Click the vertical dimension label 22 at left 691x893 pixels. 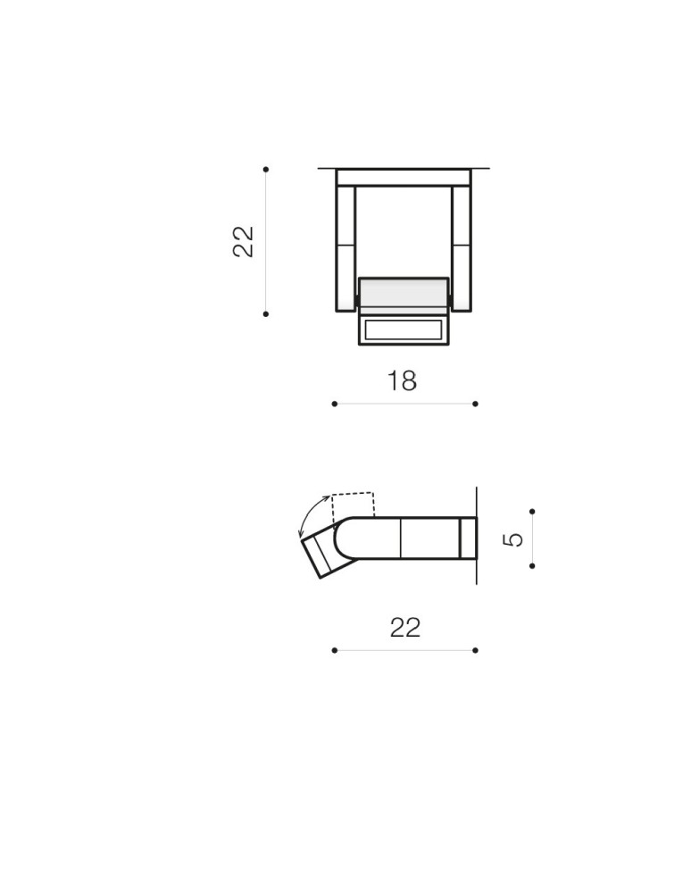(x=244, y=241)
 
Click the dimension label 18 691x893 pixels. (x=402, y=381)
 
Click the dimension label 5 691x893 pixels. (x=513, y=538)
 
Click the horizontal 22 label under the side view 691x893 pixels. (x=405, y=628)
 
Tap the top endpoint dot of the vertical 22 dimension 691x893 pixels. (x=266, y=169)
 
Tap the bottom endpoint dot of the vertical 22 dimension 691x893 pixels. (x=266, y=313)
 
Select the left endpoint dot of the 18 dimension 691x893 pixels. (x=334, y=404)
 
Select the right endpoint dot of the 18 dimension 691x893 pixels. (x=475, y=404)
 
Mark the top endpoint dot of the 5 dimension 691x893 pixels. (x=532, y=512)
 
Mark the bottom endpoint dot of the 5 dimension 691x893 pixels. (x=532, y=566)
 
